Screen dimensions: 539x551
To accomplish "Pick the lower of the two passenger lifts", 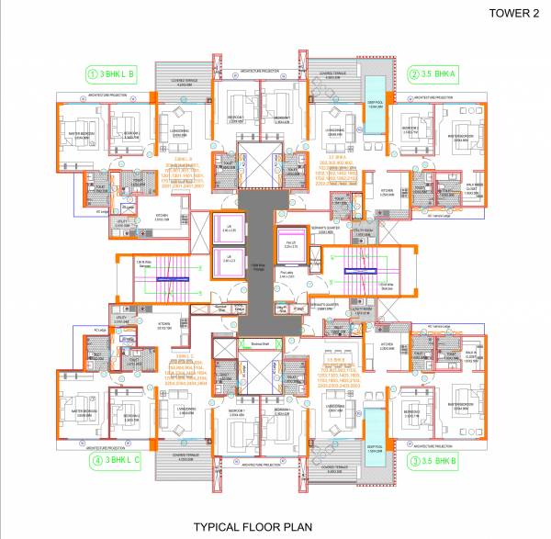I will click(229, 262).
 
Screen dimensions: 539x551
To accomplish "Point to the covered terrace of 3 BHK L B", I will click(185, 84).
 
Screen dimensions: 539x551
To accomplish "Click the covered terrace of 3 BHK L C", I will click(185, 451).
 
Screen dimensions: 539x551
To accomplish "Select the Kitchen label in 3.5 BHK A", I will click(388, 192).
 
